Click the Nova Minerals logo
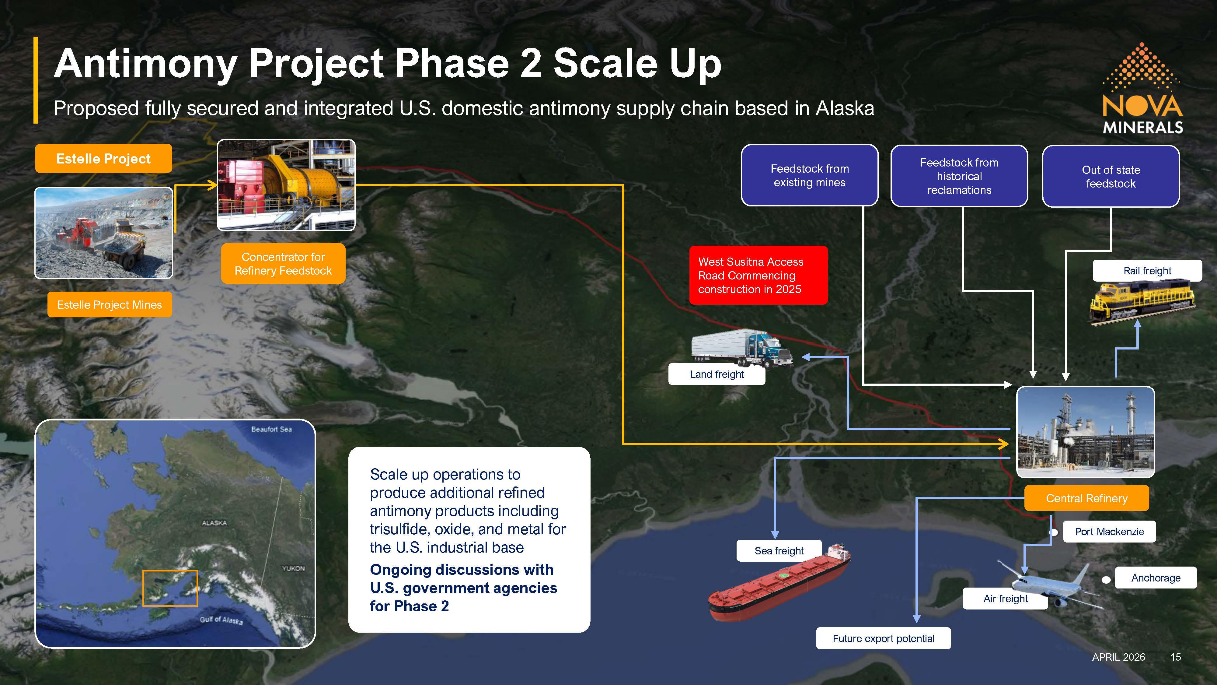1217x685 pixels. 1143,88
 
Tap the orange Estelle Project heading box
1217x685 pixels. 103,158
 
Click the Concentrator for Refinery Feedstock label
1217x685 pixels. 283,264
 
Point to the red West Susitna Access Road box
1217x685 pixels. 758,275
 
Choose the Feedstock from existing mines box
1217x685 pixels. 809,175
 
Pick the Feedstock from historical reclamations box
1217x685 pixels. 959,176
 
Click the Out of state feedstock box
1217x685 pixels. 1111,176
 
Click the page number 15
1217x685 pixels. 1175,657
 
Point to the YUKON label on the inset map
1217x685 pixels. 293,568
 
